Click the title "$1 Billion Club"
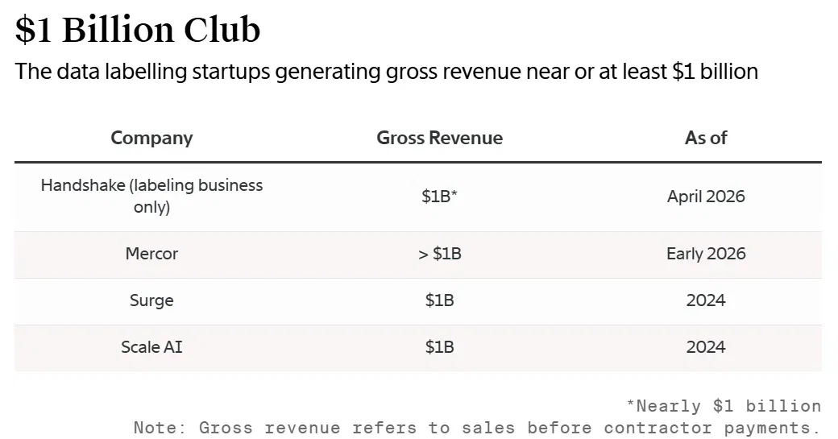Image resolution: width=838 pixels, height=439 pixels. coord(137,29)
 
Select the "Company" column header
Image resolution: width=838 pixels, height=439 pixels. coord(151,138)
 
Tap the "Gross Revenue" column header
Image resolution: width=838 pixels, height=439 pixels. coord(439,138)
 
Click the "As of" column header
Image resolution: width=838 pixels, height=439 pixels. coord(706,138)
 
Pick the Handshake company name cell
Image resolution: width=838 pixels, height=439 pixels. coord(151,196)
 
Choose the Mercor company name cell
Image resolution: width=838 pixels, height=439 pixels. coord(151,253)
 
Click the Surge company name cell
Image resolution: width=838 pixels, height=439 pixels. coord(151,300)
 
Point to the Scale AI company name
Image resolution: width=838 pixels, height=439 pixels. coord(151,346)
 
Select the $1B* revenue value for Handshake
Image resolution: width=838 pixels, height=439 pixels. coord(439,196)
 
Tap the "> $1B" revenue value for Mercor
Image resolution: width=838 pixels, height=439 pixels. coord(439,253)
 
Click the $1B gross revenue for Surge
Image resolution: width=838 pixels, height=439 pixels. coord(439,300)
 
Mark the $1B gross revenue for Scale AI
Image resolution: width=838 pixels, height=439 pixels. coord(439,346)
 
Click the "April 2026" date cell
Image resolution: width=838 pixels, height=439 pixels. coord(706,197)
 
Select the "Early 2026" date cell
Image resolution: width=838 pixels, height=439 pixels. coord(706,253)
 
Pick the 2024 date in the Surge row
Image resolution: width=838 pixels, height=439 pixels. coord(706,300)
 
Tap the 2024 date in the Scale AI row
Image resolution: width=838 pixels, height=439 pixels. coord(706,346)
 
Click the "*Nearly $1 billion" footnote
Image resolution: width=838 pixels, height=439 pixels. coord(724,406)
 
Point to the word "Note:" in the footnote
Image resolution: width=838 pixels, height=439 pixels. coord(160,428)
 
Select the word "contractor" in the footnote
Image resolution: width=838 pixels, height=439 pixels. coord(658,428)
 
